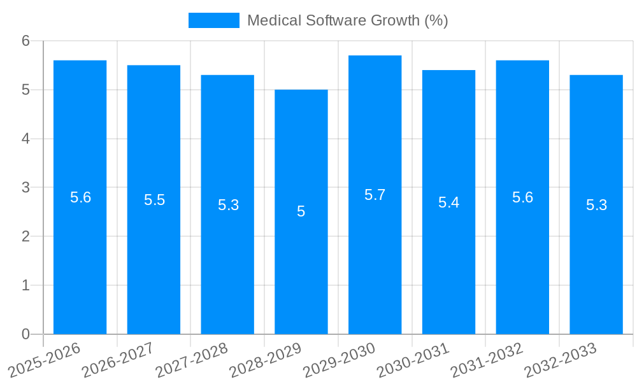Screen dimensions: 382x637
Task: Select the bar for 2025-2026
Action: pyautogui.click(x=80, y=255)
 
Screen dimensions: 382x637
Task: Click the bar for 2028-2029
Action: pyautogui.click(x=301, y=267)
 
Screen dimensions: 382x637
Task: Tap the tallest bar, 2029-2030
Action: pyautogui.click(x=375, y=255)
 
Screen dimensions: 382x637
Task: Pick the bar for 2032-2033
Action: pyautogui.click(x=596, y=267)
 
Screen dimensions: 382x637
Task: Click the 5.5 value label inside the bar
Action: pyautogui.click(x=154, y=200)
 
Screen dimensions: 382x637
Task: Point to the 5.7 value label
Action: pyautogui.click(x=375, y=195)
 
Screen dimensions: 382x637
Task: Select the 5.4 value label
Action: pyautogui.click(x=448, y=202)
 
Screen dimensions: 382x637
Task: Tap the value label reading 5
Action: pyautogui.click(x=301, y=211)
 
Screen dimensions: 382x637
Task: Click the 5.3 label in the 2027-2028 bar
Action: pyautogui.click(x=228, y=205)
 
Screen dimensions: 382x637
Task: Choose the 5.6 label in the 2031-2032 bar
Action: pyautogui.click(x=522, y=197)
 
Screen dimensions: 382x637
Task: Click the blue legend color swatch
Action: pyautogui.click(x=214, y=20)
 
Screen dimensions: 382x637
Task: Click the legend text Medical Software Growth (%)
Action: pyautogui.click(x=348, y=20)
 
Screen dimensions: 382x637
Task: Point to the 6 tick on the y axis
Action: pyautogui.click(x=26, y=41)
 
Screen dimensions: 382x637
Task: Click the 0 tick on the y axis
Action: pyautogui.click(x=26, y=334)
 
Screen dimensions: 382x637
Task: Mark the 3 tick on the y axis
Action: pyautogui.click(x=26, y=188)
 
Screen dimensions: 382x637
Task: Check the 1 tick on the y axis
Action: pyautogui.click(x=26, y=285)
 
